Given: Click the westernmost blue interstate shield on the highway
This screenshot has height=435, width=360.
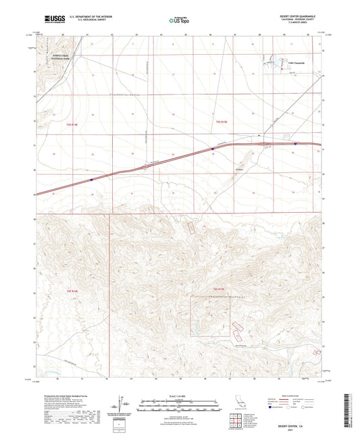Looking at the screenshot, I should pyautogui.click(x=91, y=180).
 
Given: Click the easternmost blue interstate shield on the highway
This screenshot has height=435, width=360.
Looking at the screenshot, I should pyautogui.click(x=295, y=143).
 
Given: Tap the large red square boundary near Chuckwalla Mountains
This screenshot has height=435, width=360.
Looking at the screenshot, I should pyautogui.click(x=210, y=316).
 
